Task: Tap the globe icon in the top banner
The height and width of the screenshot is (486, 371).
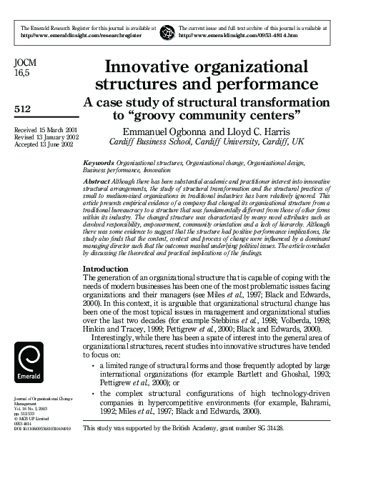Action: coord(168,31)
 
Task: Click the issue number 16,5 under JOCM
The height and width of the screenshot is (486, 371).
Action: coord(22,74)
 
